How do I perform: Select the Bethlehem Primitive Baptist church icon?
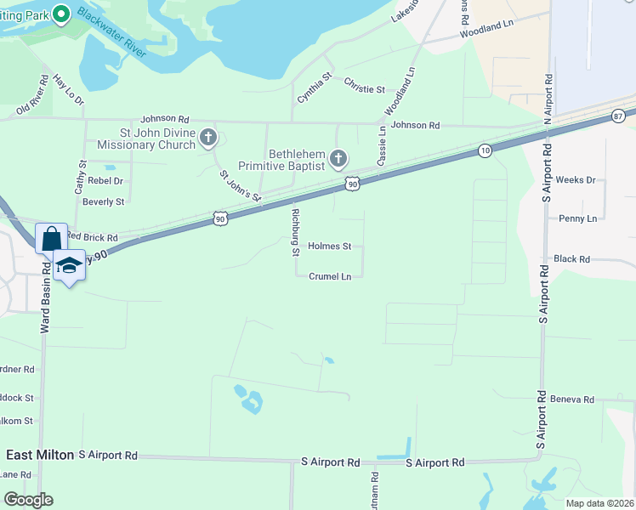click(x=338, y=158)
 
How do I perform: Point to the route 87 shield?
click(x=617, y=116)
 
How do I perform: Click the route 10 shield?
click(x=485, y=150)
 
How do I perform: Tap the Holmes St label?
click(x=329, y=246)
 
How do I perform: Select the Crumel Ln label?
click(x=330, y=276)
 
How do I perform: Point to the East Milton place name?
click(x=40, y=455)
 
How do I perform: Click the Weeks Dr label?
click(x=576, y=180)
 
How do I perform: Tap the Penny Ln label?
click(x=578, y=218)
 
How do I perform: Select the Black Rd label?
click(x=571, y=259)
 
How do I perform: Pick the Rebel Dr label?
click(x=105, y=181)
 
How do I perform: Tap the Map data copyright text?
click(x=599, y=503)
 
